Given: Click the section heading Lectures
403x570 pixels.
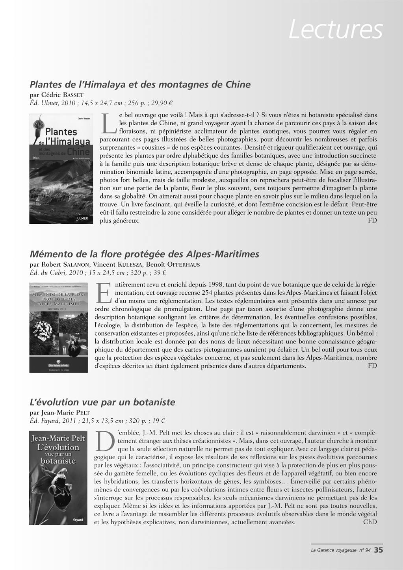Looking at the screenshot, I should click(336, 29).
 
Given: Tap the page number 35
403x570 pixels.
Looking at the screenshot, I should click(378, 550).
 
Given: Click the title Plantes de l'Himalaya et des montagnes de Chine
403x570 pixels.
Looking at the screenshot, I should click(140, 84).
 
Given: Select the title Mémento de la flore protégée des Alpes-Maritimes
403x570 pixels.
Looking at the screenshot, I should click(145, 254).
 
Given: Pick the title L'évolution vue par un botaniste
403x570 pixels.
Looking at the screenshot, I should click(102, 402).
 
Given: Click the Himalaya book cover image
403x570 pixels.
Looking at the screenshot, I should click(61, 169).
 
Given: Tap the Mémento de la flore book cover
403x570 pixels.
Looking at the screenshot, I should click(59, 327).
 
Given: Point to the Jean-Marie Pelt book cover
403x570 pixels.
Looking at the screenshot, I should click(58, 478).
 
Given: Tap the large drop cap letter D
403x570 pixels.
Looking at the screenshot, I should click(104, 441).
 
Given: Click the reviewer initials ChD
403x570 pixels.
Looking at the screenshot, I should click(370, 522).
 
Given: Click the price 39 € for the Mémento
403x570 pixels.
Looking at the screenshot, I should click(159, 273).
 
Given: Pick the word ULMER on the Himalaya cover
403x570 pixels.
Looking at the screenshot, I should click(82, 218).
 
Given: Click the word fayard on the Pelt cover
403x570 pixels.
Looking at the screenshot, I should click(78, 520).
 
